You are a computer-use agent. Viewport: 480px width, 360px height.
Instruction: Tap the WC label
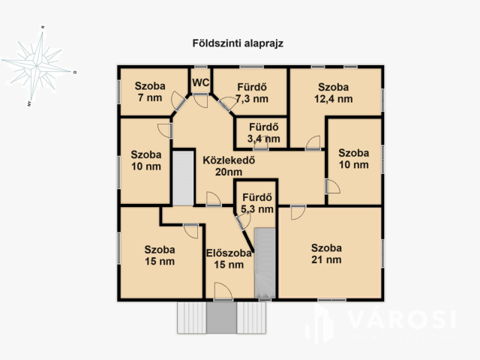pyautogui.click(x=200, y=82)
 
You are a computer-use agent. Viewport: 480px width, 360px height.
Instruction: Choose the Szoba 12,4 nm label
pyautogui.click(x=334, y=92)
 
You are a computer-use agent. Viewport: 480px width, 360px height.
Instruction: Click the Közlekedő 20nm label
pyautogui.click(x=226, y=165)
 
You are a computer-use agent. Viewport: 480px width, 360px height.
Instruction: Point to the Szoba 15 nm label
pyautogui.click(x=160, y=255)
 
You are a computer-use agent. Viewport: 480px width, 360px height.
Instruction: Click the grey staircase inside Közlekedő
pyautogui.click(x=182, y=177)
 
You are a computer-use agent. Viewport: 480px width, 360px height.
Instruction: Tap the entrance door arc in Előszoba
pyautogui.click(x=222, y=291)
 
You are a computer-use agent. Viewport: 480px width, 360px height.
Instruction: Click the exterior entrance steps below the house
pyautogui.click(x=220, y=318)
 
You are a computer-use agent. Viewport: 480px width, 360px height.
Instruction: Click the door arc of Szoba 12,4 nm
pyautogui.click(x=313, y=141)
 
